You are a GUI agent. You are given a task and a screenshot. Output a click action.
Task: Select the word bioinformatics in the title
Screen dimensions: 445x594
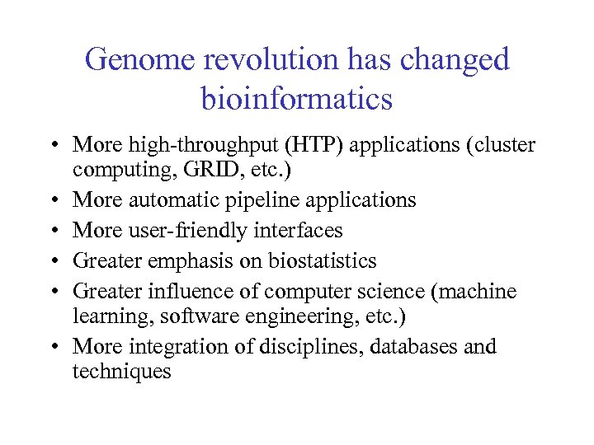(296, 99)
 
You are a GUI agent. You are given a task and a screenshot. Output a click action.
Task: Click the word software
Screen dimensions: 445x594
(197, 316)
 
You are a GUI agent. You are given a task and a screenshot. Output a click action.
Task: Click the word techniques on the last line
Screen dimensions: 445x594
(121, 372)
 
